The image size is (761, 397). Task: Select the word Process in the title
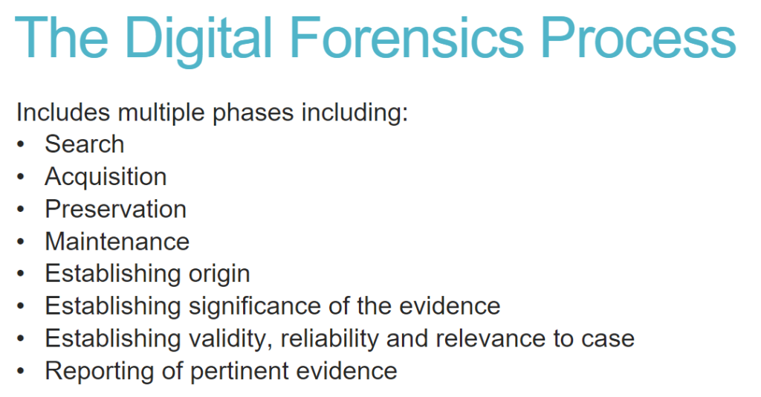tap(638, 38)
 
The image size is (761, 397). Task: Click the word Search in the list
tap(85, 144)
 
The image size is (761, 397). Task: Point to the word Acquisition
tap(106, 177)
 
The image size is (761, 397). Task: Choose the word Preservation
tap(116, 209)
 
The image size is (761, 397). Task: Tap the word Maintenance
tap(117, 242)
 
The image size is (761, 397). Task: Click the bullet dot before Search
tap(20, 144)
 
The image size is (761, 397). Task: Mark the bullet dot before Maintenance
tap(20, 242)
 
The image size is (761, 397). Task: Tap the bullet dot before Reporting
tap(20, 371)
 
